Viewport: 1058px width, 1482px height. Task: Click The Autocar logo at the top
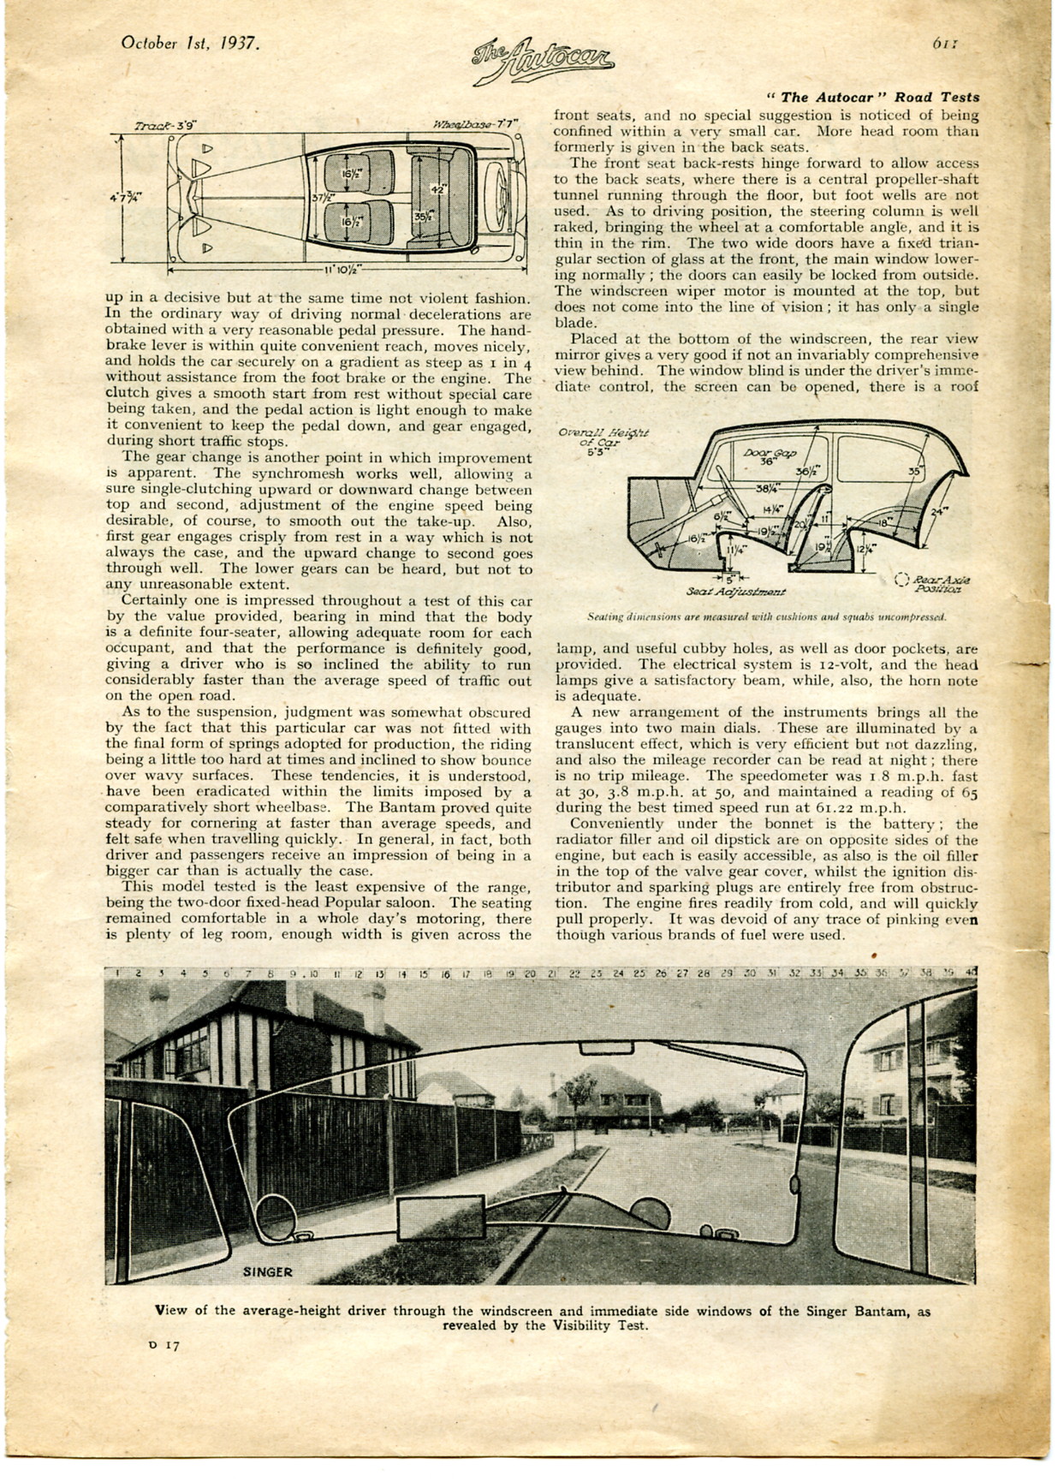543,62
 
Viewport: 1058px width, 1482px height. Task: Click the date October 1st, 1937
189,43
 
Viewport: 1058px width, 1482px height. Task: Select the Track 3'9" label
166,126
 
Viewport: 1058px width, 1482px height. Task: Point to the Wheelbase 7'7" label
475,125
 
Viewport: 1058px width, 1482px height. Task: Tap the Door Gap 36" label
769,455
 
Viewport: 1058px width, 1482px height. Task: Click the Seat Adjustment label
736,592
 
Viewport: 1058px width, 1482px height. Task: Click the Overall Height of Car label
603,437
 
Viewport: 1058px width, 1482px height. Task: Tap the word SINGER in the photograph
267,1271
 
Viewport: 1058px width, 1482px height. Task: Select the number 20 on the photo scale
530,973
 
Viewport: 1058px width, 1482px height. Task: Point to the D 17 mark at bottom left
165,1345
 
